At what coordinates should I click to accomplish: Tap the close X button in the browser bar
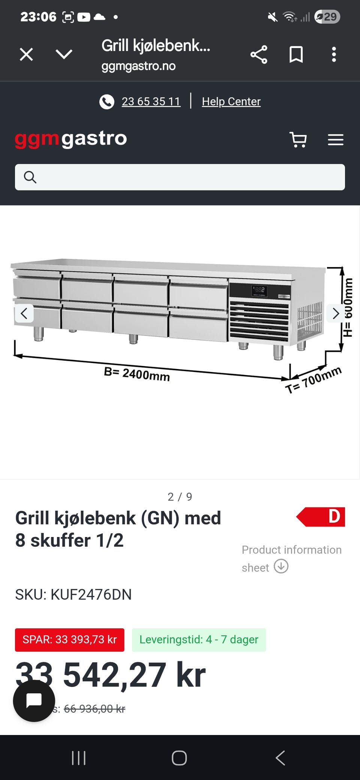(26, 54)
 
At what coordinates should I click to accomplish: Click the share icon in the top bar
(259, 55)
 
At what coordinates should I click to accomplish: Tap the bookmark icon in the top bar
(296, 55)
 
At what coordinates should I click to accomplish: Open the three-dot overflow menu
(334, 55)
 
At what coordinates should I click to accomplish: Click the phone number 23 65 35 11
(151, 102)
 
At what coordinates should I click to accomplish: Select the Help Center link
(231, 102)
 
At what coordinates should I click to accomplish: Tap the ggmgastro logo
(71, 139)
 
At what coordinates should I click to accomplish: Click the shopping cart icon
(298, 139)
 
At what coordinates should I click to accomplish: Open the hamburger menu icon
(335, 139)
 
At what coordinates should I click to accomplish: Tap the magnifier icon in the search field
(30, 177)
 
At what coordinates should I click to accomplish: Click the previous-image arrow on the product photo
(24, 313)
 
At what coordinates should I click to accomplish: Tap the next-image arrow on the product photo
(336, 313)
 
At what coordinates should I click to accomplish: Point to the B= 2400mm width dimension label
(137, 374)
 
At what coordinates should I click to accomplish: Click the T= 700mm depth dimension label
(313, 379)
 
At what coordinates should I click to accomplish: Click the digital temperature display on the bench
(259, 290)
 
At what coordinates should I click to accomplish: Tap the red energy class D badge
(321, 517)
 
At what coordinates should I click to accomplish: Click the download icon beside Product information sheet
(281, 566)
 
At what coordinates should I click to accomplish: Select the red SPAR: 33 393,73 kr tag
(70, 640)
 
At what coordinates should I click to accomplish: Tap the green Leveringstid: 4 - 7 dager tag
(199, 640)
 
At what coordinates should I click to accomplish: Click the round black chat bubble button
(34, 700)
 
